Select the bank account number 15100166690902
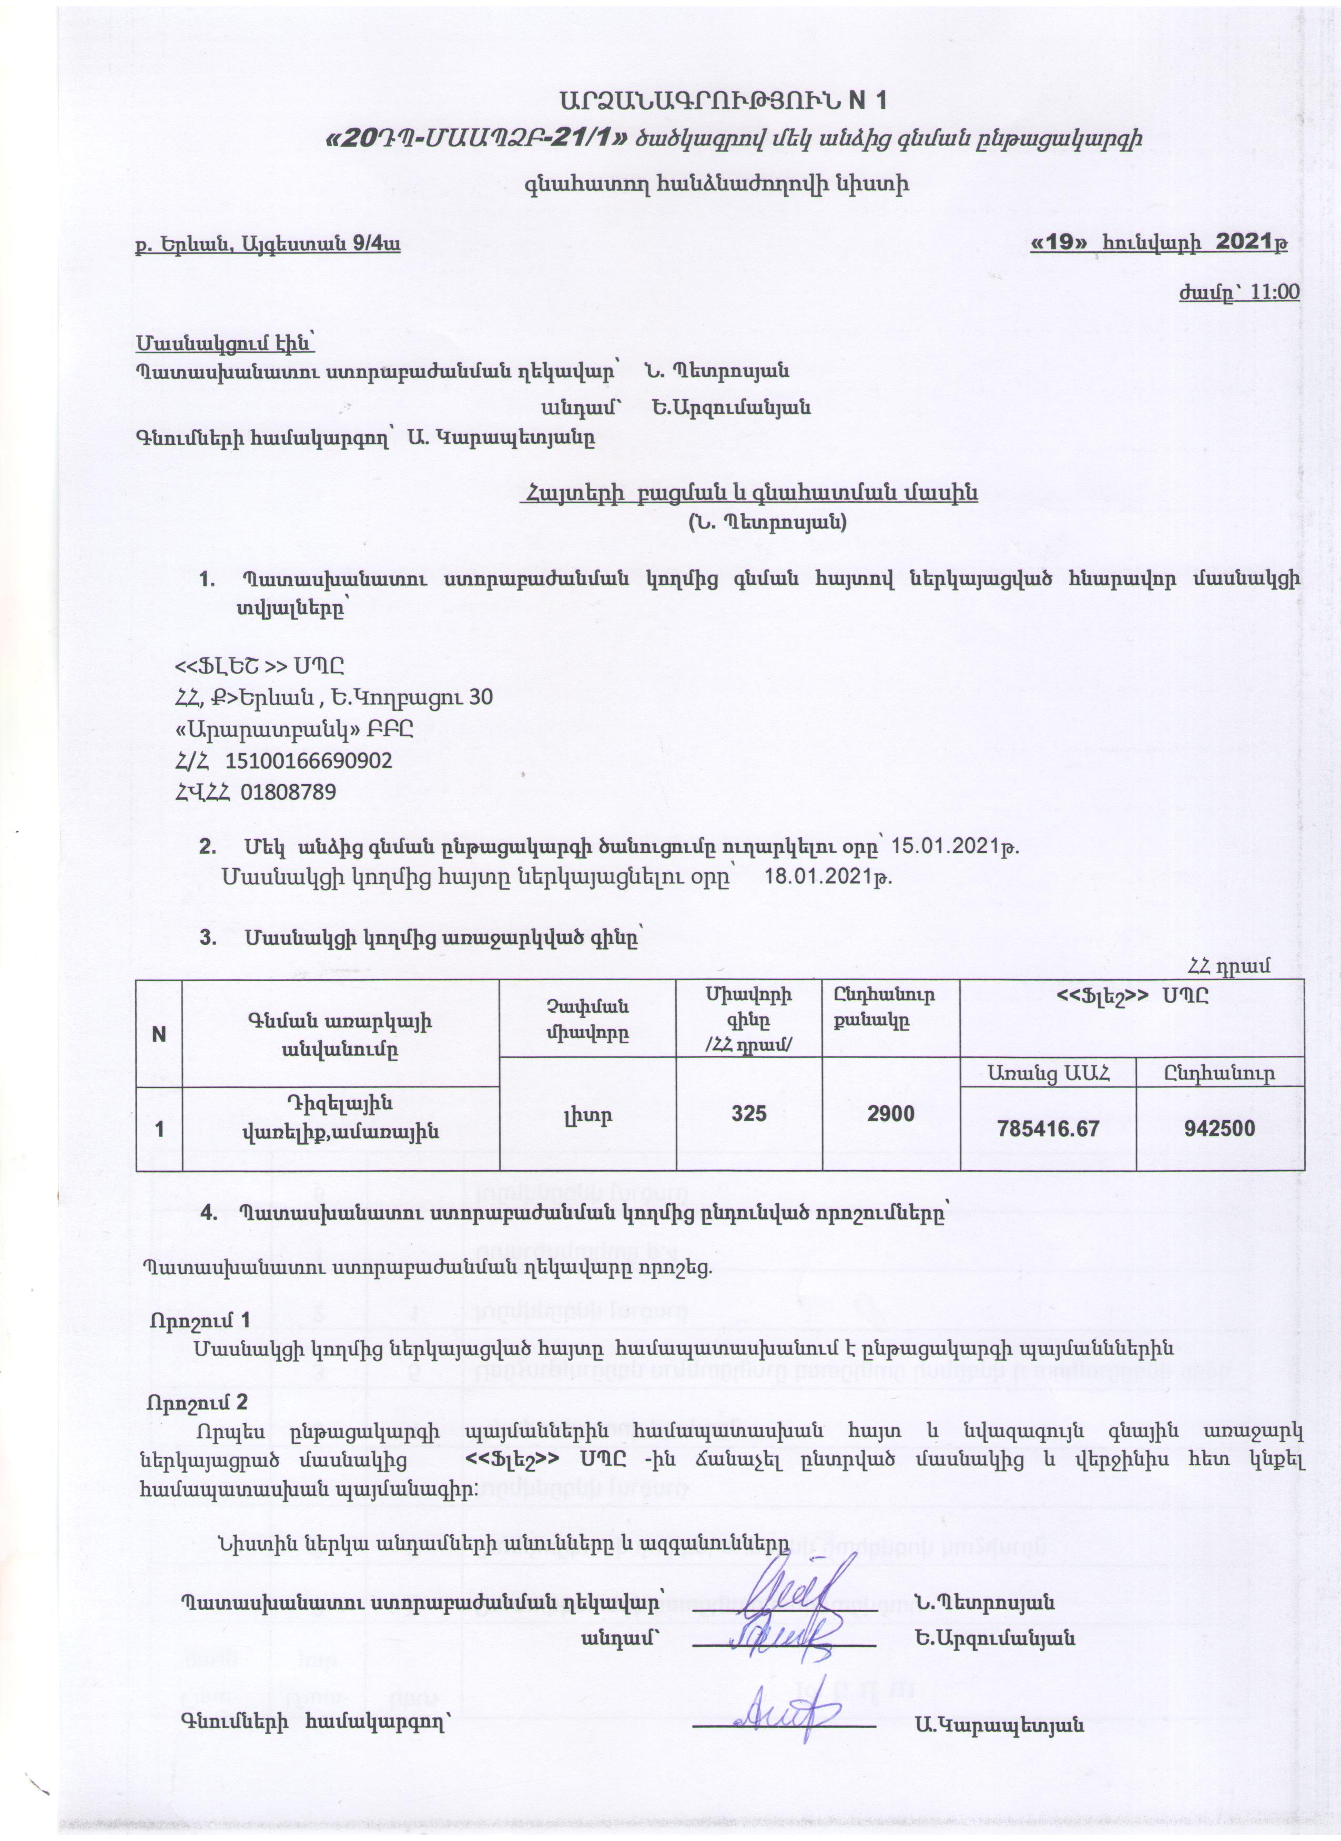pyautogui.click(x=309, y=760)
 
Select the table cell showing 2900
pyautogui.click(x=890, y=1113)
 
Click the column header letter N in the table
pyautogui.click(x=159, y=1035)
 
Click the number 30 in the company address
pyautogui.click(x=481, y=697)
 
